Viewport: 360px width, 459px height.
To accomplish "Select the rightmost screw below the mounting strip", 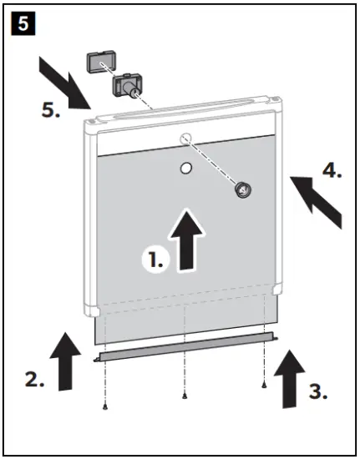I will pyautogui.click(x=264, y=386).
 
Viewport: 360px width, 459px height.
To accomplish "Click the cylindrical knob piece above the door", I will pyautogui.click(x=128, y=84).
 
